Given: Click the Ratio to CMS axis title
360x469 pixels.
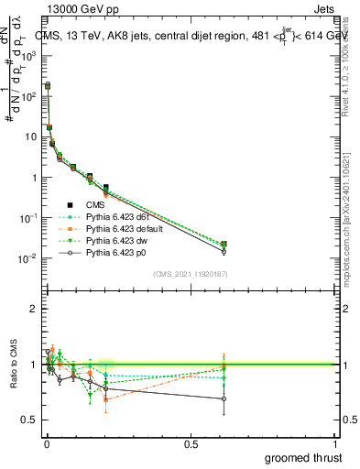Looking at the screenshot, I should pos(12,378).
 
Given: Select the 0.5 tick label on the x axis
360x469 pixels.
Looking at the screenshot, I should pos(191,443).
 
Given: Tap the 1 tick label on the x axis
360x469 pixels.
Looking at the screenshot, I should pos(334,443).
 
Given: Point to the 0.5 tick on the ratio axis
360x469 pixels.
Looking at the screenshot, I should pos(30,420).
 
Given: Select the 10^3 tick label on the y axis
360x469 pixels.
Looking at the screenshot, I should pos(28,56).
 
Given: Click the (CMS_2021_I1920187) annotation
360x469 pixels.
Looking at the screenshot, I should pos(190,273).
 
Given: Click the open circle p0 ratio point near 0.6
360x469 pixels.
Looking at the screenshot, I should pos(224,398).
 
